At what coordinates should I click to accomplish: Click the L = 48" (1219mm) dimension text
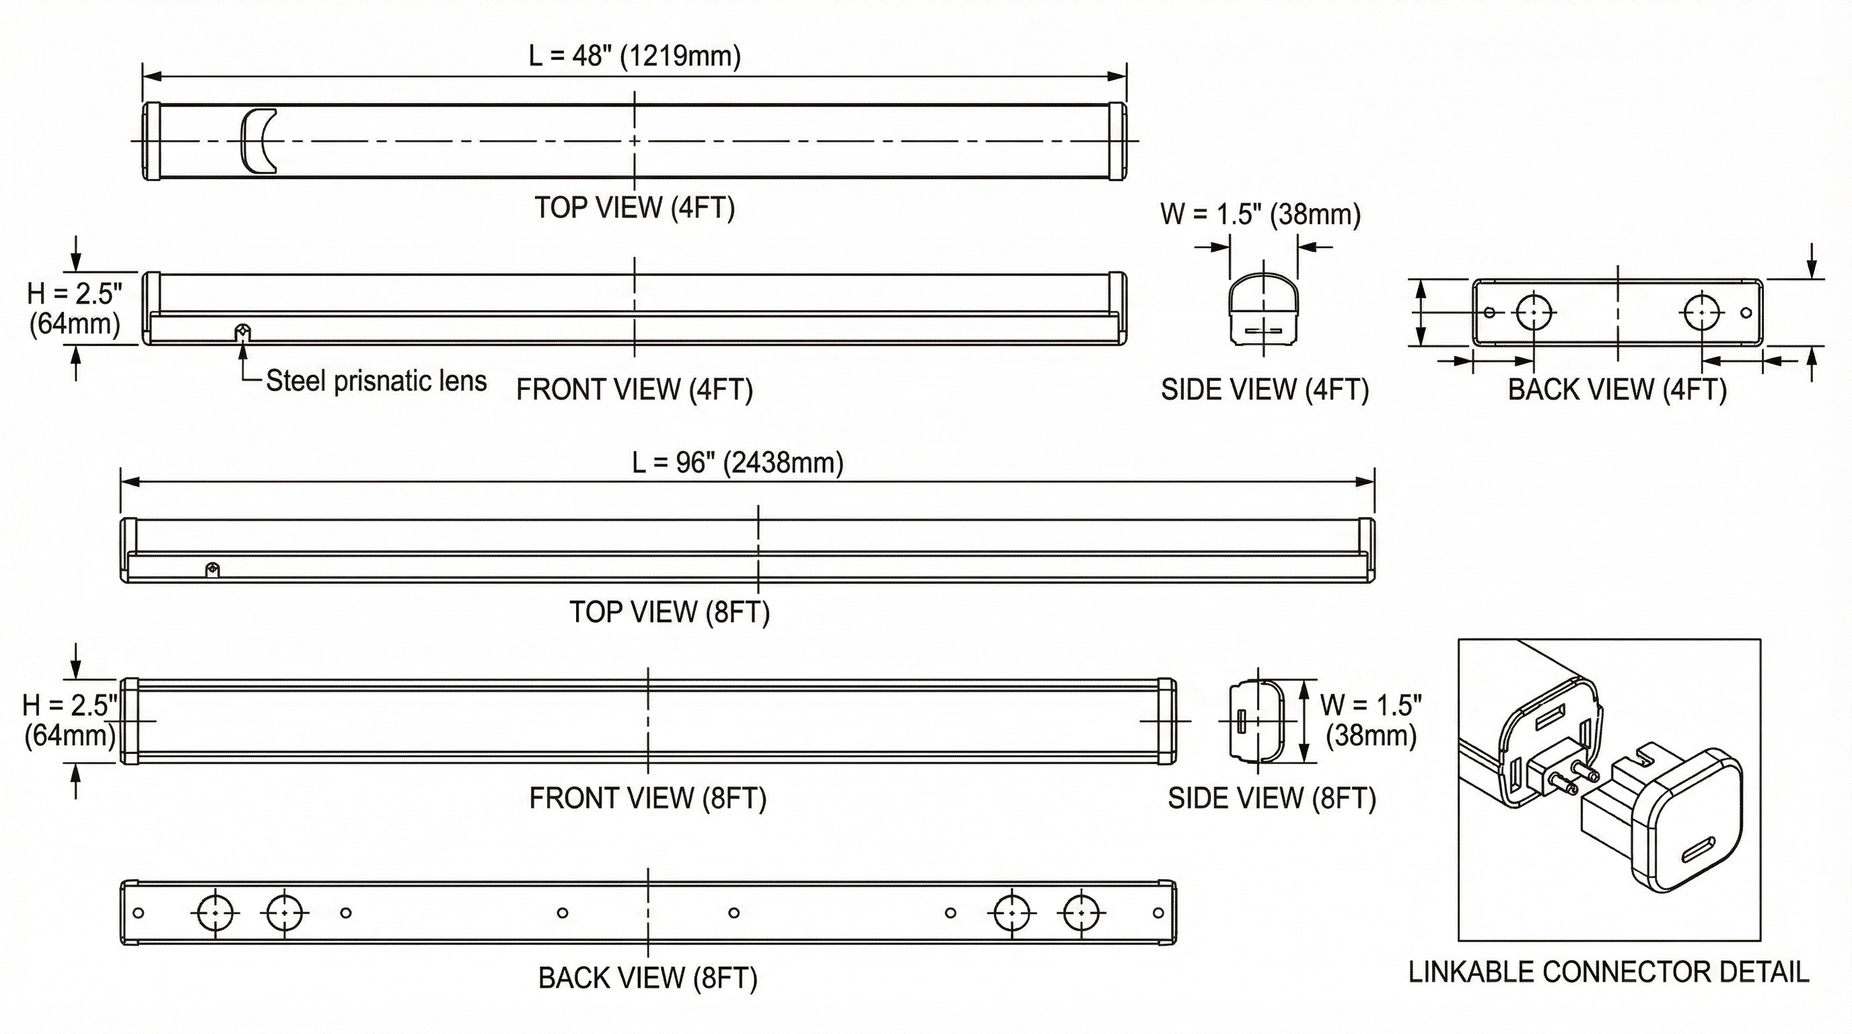point(634,56)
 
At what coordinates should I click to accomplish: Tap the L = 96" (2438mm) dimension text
point(738,462)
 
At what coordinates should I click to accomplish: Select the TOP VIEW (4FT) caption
point(634,208)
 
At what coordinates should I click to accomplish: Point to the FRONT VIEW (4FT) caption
point(634,390)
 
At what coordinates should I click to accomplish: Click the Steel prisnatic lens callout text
point(376,381)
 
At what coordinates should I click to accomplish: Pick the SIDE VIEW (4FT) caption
point(1265,390)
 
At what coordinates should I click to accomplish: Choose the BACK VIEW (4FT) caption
point(1617,390)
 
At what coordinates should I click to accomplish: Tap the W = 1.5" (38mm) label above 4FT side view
point(1260,214)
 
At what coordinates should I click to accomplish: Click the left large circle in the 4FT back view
point(1534,313)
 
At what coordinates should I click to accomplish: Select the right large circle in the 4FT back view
point(1702,313)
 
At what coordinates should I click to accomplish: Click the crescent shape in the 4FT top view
point(257,141)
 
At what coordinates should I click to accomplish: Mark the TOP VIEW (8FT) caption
point(670,613)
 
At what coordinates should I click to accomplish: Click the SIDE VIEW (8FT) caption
point(1272,798)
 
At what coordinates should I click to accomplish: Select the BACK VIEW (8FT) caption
point(648,978)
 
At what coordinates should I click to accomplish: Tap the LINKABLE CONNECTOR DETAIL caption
point(1608,972)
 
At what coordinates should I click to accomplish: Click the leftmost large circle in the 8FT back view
point(215,912)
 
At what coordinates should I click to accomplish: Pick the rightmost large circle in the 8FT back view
point(1080,912)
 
